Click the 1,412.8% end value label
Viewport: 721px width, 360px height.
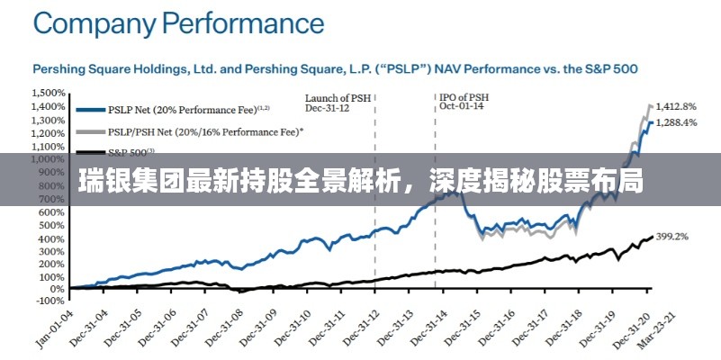[676, 105]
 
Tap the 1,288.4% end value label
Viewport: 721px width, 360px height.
[676, 122]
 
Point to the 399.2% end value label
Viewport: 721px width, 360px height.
[672, 237]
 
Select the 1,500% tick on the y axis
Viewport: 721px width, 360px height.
[49, 94]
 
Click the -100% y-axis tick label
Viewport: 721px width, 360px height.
[50, 302]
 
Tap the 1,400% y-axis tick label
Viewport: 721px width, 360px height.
[49, 107]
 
